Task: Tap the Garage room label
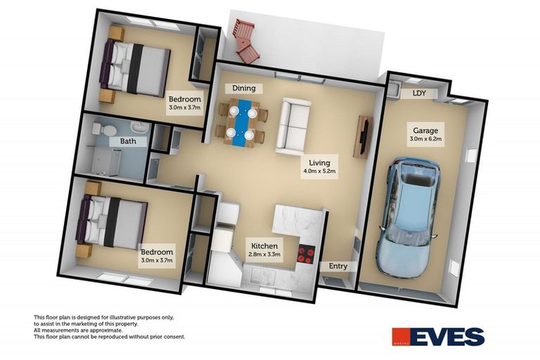tap(425, 131)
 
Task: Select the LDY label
tap(419, 94)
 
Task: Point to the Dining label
tap(240, 89)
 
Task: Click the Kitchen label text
tap(266, 246)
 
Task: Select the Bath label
tap(128, 141)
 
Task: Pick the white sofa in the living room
tap(292, 127)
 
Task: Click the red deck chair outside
tap(245, 40)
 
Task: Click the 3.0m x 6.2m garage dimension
tap(425, 139)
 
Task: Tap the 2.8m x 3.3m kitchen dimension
tap(266, 255)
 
